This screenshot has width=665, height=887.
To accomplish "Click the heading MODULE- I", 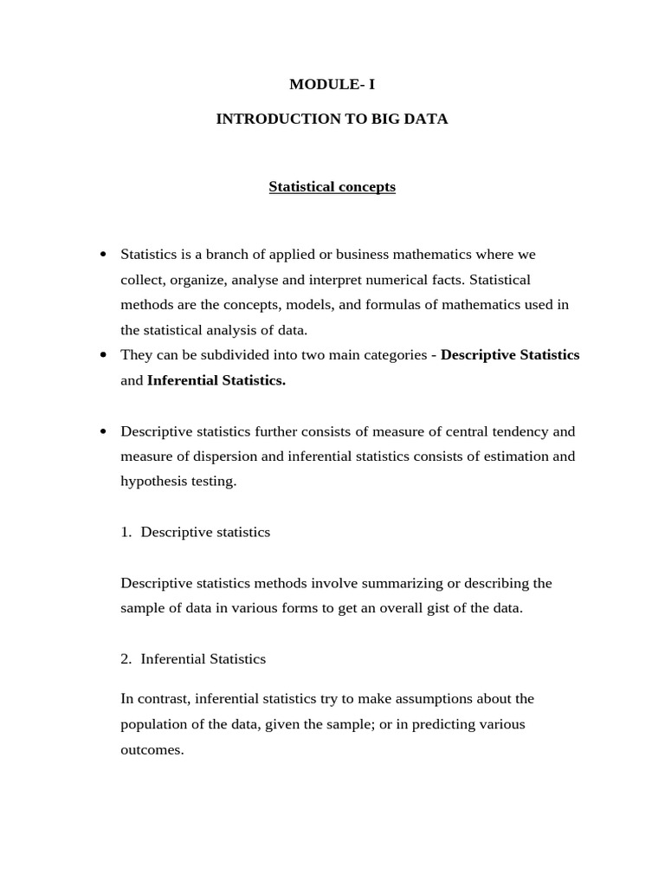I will tap(332, 85).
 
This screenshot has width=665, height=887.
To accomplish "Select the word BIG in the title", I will tap(384, 120).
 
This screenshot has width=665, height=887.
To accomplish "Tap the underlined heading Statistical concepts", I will tap(332, 187).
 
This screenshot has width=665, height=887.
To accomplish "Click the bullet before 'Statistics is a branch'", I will tap(104, 255).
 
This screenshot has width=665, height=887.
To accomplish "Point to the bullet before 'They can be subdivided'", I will tap(104, 355).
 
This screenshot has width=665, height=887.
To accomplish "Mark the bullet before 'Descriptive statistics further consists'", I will tap(104, 431).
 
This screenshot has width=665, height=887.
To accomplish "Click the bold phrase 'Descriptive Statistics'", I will tap(510, 355).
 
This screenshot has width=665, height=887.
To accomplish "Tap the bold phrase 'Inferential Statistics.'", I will tap(216, 380).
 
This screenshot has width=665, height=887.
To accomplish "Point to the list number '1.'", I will tap(126, 533).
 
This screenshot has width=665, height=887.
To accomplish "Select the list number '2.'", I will tap(126, 659).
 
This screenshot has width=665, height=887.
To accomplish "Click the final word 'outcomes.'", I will tap(152, 750).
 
